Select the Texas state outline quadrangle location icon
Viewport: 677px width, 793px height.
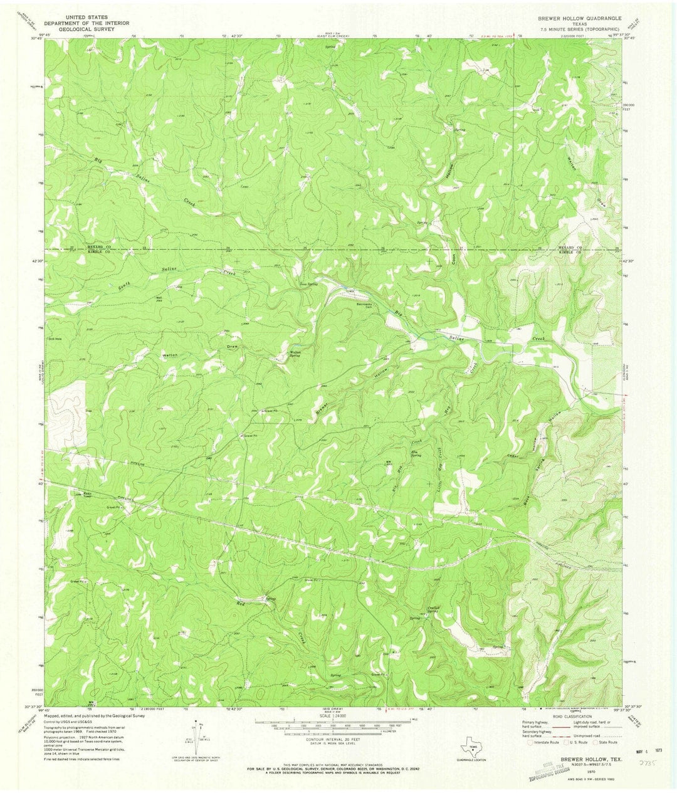471,747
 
